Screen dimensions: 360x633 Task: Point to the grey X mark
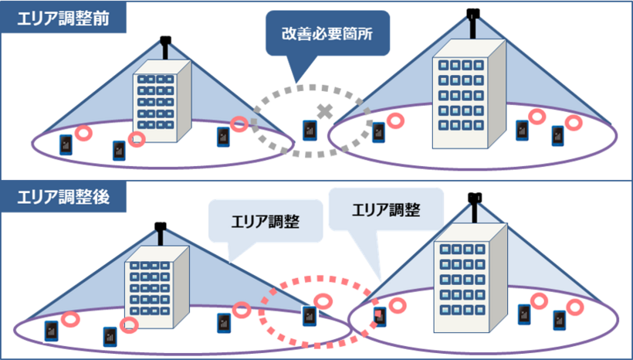pyautogui.click(x=325, y=112)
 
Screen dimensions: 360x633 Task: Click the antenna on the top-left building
pyautogui.click(x=164, y=47)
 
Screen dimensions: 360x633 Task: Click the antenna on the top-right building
pyautogui.click(x=472, y=19)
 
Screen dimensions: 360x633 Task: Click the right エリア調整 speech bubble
pyautogui.click(x=386, y=209)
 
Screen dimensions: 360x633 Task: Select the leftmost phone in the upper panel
pyautogui.click(x=66, y=144)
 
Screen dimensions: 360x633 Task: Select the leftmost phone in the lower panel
pyautogui.click(x=51, y=331)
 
